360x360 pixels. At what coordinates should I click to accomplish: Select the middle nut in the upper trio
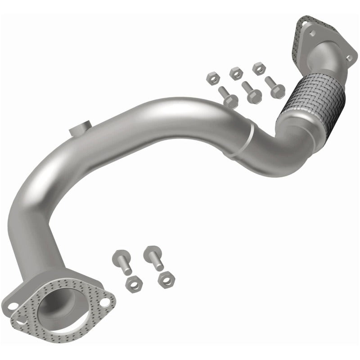(234, 72)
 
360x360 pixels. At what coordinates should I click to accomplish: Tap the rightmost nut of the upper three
(258, 68)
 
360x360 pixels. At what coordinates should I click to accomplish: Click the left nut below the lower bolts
(134, 283)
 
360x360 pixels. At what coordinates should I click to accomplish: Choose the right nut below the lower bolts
(166, 279)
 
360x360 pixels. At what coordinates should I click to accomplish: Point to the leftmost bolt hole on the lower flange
(12, 306)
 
